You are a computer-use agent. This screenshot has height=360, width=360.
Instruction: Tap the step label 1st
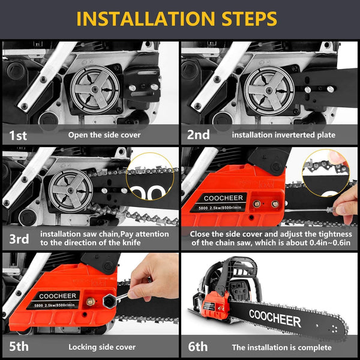pyautogui.click(x=18, y=135)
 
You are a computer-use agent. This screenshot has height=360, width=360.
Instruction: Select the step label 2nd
pyautogui.click(x=198, y=135)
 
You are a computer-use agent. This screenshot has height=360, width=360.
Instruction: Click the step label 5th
pyautogui.click(x=18, y=347)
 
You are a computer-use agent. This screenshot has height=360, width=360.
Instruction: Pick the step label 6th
pyautogui.click(x=198, y=347)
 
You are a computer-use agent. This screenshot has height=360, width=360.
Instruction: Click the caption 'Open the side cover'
pyautogui.click(x=104, y=135)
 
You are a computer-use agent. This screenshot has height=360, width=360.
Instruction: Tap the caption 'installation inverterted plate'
pyautogui.click(x=284, y=135)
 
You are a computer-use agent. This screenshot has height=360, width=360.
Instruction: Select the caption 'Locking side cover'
pyautogui.click(x=102, y=347)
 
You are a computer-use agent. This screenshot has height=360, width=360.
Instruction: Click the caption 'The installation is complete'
pyautogui.click(x=281, y=347)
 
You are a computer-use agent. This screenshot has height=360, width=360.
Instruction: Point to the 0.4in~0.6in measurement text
pyautogui.click(x=320, y=243)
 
